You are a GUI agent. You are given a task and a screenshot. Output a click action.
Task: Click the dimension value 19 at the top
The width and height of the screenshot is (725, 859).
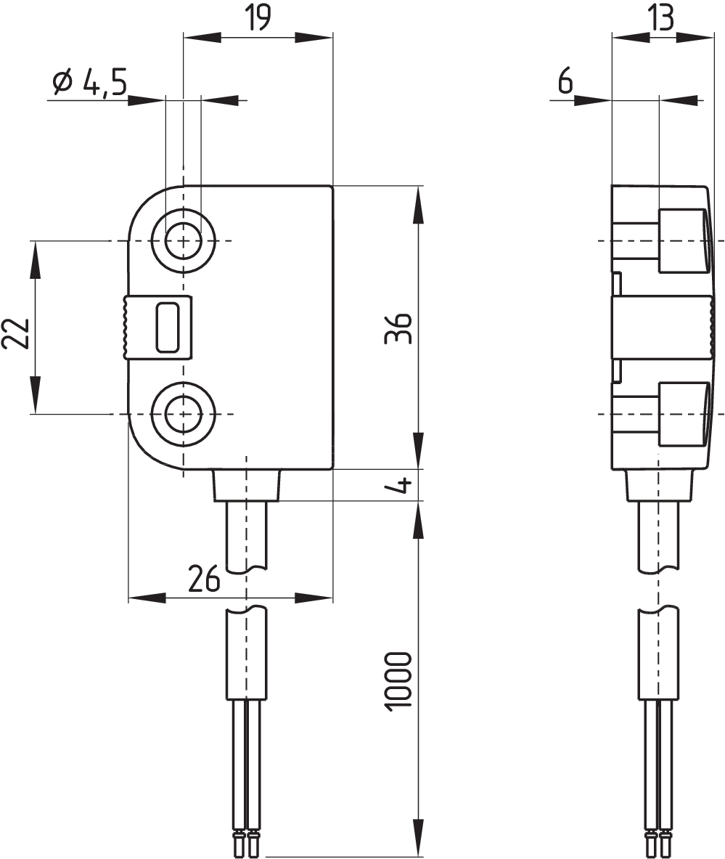[258, 18]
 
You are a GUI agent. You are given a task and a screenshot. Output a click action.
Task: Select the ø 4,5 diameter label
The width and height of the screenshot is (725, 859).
[90, 83]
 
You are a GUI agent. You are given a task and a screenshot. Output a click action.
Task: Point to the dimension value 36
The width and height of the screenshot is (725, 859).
[398, 328]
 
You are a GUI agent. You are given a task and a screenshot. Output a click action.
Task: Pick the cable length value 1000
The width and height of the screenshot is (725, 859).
[398, 682]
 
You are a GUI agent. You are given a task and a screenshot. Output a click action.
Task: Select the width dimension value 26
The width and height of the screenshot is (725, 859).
[204, 578]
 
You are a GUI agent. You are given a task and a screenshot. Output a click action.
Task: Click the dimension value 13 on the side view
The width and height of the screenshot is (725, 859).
[662, 18]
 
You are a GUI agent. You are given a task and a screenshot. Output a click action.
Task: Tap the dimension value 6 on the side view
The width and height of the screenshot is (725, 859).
[565, 82]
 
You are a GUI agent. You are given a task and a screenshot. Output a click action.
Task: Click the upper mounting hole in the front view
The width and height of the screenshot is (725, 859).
[184, 240]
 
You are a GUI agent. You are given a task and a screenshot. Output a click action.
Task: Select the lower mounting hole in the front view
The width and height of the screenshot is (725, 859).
[184, 414]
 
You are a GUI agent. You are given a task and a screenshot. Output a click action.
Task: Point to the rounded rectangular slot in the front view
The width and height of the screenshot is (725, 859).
[168, 327]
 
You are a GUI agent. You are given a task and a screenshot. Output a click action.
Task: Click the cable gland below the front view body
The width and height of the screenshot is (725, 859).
[247, 485]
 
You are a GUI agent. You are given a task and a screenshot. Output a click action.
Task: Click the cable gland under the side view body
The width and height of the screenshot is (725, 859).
[659, 485]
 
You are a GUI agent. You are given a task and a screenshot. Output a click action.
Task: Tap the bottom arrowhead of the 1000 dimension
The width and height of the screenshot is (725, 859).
[418, 838]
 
